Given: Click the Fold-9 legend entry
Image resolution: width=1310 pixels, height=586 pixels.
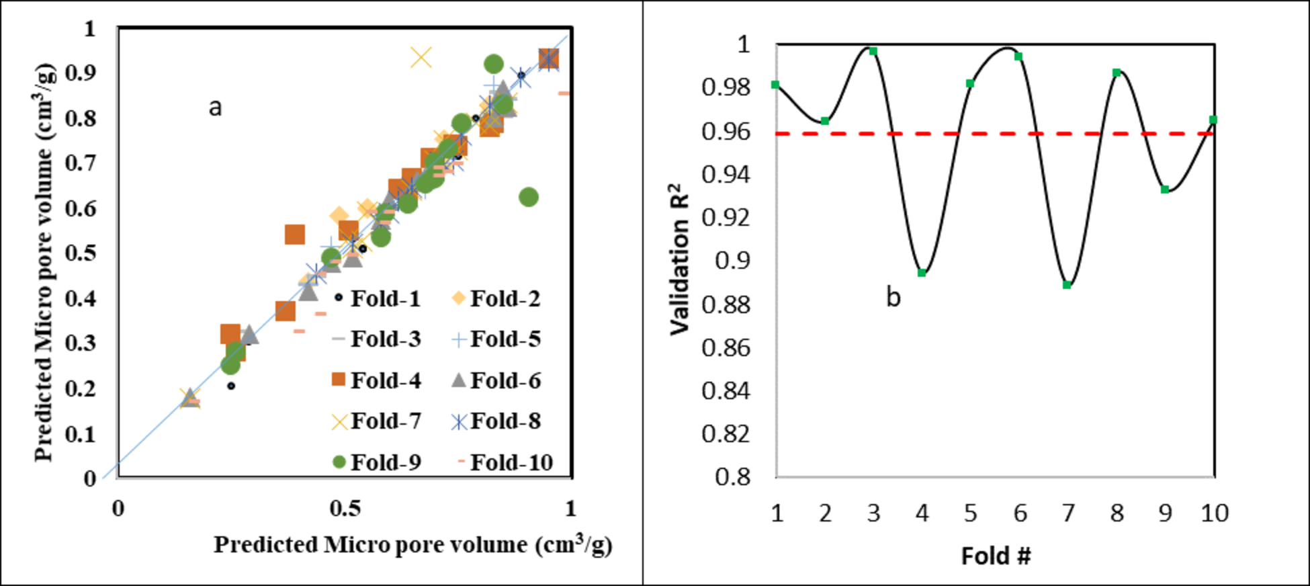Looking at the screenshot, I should pyautogui.click(x=376, y=462).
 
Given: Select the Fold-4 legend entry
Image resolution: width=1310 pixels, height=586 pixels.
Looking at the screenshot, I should pyautogui.click(x=376, y=380).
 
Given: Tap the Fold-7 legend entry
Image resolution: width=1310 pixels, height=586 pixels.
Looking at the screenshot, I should pyautogui.click(x=376, y=421).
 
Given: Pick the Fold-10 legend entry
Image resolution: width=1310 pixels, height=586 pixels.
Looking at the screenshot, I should pyautogui.click(x=505, y=462).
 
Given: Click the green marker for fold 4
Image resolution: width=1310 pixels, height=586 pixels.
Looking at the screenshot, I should pyautogui.click(x=922, y=273).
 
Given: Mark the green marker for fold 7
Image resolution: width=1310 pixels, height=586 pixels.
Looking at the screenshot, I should pyautogui.click(x=1067, y=285).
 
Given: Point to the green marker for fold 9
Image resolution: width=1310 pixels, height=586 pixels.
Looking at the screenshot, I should pyautogui.click(x=1165, y=190).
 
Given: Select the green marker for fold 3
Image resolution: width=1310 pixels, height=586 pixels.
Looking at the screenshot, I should pyautogui.click(x=873, y=51).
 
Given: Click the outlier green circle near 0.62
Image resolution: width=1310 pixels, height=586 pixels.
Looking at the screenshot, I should pyautogui.click(x=529, y=197).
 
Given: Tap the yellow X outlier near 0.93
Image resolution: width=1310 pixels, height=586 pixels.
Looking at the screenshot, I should pyautogui.click(x=421, y=58).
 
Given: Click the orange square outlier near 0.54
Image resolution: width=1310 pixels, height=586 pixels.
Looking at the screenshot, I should pyautogui.click(x=294, y=235).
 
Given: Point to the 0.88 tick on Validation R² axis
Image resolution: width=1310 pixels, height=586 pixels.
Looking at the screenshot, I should pyautogui.click(x=726, y=304).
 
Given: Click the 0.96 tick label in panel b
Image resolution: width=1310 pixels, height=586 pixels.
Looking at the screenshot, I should pyautogui.click(x=726, y=131).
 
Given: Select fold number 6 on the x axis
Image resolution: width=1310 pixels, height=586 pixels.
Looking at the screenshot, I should pyautogui.click(x=1020, y=513).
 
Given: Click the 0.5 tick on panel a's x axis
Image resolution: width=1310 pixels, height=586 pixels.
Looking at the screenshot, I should pyautogui.click(x=345, y=509).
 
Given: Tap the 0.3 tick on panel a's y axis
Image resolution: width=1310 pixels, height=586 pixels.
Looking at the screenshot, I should pyautogui.click(x=81, y=343).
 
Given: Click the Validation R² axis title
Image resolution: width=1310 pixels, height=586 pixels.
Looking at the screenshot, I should pyautogui.click(x=680, y=259).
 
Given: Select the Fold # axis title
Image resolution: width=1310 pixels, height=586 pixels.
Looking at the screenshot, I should pyautogui.click(x=995, y=556).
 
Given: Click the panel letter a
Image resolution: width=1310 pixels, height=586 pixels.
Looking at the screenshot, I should pyautogui.click(x=215, y=107).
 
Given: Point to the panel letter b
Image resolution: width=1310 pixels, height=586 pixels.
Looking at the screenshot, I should pyautogui.click(x=893, y=296).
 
